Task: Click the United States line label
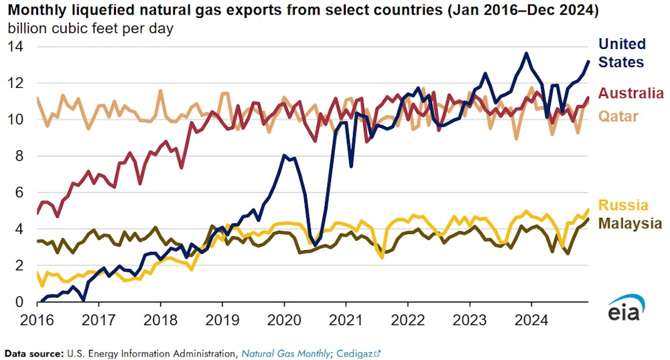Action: (x=621, y=53)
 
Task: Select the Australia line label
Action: (x=631, y=93)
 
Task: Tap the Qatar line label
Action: (x=618, y=116)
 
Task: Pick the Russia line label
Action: (x=623, y=205)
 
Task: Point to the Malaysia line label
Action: (x=630, y=223)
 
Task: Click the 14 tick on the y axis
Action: (x=16, y=47)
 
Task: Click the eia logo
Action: (x=626, y=310)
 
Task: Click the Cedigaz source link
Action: (x=354, y=352)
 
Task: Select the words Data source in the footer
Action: (x=32, y=352)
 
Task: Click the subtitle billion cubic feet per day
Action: (x=90, y=29)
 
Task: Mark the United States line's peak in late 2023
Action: (x=527, y=53)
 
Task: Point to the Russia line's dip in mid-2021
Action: (x=382, y=257)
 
